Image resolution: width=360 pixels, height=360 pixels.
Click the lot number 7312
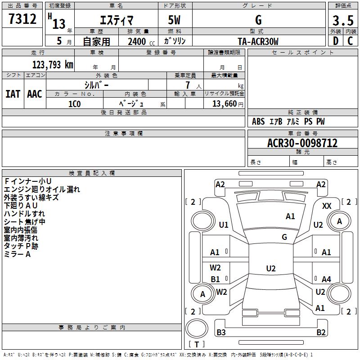22,19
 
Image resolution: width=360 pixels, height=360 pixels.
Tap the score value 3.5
342,21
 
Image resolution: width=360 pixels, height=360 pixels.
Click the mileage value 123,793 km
53,64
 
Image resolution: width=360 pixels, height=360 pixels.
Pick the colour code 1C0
74,103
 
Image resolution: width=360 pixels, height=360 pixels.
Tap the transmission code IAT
13,94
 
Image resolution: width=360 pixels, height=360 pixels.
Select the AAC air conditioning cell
34,94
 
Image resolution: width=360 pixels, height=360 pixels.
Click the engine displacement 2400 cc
140,42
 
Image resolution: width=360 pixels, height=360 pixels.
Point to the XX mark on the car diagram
327,206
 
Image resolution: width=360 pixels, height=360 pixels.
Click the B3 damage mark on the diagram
221,333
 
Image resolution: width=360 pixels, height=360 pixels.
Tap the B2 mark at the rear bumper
321,333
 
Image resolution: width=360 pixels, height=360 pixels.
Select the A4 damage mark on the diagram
326,279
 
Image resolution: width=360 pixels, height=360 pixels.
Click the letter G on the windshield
284,237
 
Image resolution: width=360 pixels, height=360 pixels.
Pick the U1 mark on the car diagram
224,225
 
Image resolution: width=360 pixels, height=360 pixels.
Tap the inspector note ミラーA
17,254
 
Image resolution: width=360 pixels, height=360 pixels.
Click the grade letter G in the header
258,20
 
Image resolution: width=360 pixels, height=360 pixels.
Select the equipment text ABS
258,121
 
